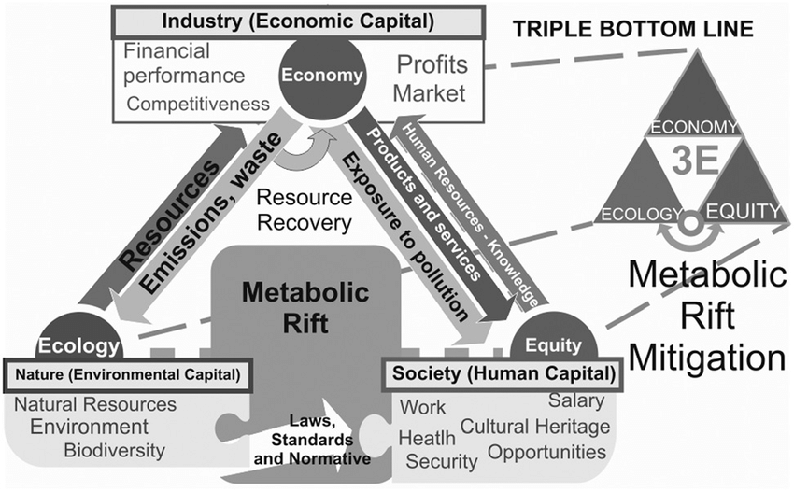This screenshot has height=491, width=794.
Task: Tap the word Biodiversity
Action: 114,451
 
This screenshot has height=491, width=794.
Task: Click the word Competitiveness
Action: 196,102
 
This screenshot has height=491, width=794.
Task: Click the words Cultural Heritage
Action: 535,428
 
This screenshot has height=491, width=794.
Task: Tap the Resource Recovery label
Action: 305,211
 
